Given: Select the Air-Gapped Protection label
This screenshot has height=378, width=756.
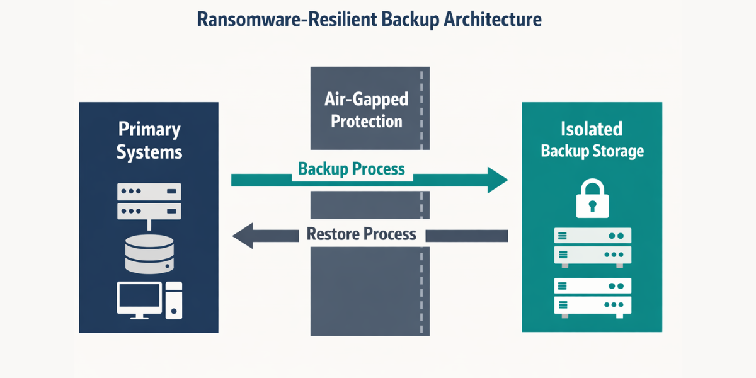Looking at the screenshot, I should click(x=366, y=110).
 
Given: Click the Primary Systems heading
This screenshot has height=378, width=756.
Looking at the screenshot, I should click(x=149, y=140).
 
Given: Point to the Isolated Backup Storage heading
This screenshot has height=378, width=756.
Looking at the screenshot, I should click(x=592, y=139).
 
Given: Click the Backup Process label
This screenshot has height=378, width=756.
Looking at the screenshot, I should click(x=351, y=169).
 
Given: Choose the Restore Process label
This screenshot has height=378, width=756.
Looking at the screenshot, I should click(x=361, y=234).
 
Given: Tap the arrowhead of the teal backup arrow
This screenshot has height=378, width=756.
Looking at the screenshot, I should click(x=498, y=180).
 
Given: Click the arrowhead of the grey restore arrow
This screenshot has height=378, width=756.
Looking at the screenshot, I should click(x=243, y=236).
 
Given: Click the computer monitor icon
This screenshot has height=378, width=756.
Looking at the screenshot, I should click(x=139, y=299).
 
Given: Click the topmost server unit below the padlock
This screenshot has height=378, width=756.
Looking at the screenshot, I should click(x=592, y=236).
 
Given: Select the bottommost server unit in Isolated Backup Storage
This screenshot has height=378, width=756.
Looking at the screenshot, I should click(x=592, y=306).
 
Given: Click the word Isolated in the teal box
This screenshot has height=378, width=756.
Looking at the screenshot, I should click(x=592, y=129).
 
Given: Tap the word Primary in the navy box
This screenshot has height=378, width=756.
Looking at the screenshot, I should click(x=149, y=130).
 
